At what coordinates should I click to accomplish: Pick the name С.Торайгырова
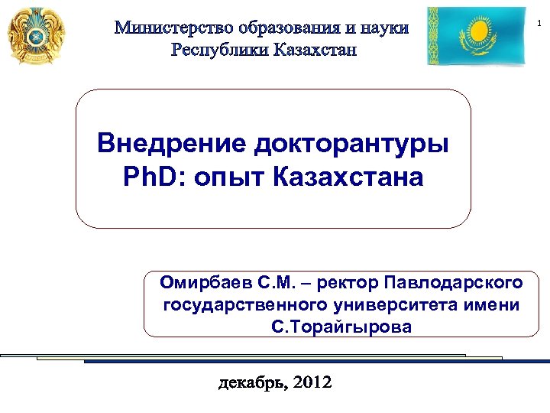(x=341, y=327)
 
